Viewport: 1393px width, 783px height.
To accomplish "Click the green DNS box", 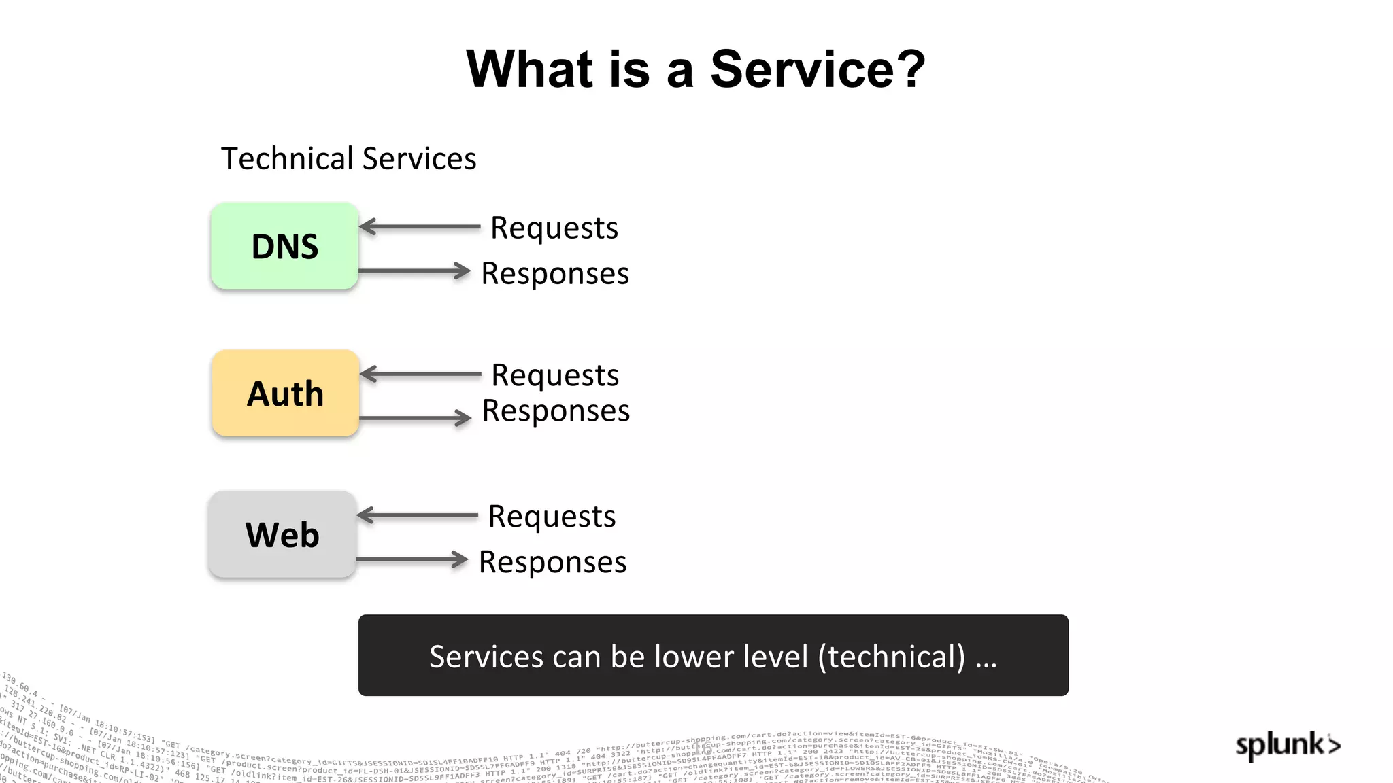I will [284, 246].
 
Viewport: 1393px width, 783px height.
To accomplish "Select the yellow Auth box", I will [285, 394].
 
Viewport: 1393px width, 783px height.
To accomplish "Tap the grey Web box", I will [282, 535].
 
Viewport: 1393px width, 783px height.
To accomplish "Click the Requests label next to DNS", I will [554, 228].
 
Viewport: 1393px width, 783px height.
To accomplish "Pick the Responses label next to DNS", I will [555, 273].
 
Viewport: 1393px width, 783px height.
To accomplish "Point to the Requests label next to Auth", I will [555, 375].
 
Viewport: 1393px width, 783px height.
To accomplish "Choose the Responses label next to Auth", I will [556, 411].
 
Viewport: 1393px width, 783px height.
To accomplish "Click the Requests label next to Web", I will [552, 517].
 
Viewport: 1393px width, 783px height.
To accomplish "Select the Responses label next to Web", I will [552, 562].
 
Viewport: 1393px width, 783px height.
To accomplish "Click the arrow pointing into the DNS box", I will [419, 226].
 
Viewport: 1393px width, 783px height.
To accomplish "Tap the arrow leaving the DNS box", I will [414, 271].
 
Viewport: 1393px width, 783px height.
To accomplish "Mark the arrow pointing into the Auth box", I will [420, 374].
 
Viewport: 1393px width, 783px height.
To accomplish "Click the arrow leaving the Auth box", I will [415, 417].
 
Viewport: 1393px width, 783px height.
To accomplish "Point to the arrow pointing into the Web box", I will [417, 515].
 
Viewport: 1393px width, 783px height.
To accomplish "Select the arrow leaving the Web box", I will [412, 559].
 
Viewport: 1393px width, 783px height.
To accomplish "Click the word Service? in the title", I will [818, 69].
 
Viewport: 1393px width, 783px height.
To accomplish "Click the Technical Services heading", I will [348, 158].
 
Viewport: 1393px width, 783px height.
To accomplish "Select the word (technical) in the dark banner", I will [892, 657].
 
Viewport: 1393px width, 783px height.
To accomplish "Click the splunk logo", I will [1287, 745].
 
